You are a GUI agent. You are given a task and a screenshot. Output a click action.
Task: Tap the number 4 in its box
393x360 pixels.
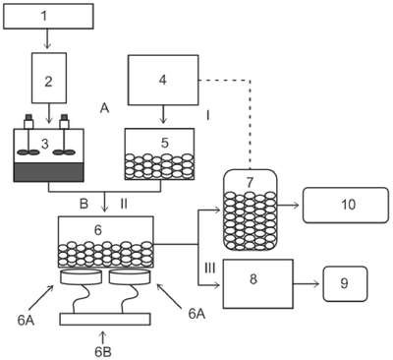coord(163,80)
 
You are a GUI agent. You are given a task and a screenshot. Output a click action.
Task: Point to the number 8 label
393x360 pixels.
coord(253,279)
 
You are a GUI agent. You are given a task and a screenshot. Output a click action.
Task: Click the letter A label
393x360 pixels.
coord(104,107)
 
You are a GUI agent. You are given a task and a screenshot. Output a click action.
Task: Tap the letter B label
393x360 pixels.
coord(84,204)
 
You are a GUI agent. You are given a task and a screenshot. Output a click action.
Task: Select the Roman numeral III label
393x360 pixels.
coord(210,268)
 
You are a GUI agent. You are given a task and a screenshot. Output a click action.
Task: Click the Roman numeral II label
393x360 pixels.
coord(124,204)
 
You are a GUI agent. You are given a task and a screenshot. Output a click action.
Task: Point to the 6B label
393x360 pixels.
coord(103,352)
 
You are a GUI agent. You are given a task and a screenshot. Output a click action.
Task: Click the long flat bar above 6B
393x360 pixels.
coord(105,319)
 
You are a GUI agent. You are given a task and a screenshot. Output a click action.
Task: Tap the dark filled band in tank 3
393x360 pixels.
coord(49,172)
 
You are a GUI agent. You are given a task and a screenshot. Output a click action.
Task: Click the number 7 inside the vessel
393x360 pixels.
coord(250,182)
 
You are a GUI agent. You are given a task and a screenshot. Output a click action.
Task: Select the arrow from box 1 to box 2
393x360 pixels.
coord(48,39)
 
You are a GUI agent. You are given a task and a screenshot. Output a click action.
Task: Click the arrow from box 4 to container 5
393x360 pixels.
coord(163,114)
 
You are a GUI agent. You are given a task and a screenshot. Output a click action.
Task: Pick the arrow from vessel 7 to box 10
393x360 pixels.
coord(288,206)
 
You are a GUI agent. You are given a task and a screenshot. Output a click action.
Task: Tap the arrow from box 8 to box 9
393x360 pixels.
coord(307,284)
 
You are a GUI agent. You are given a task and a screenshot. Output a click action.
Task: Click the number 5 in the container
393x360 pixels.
coord(165,143)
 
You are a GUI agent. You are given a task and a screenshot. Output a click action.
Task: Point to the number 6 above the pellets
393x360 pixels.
coord(98,230)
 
